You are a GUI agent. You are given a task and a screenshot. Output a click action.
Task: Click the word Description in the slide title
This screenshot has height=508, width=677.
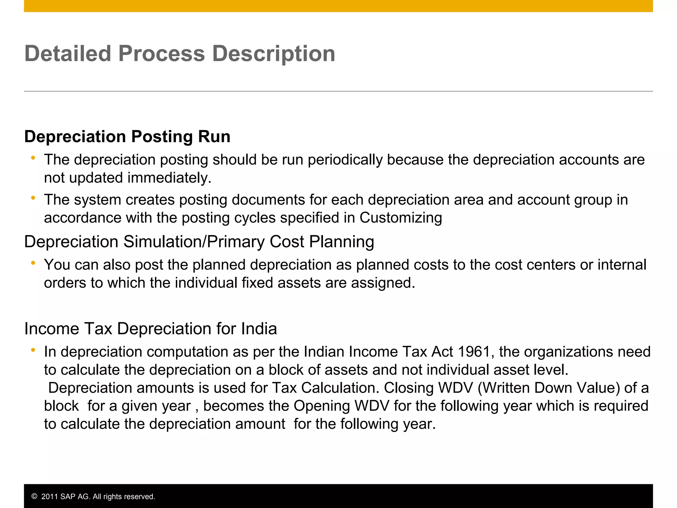[x=273, y=54]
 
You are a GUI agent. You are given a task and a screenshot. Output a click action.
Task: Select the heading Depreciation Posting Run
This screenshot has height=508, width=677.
[x=127, y=137]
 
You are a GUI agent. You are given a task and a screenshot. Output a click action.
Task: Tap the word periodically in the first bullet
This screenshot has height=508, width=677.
[x=345, y=160]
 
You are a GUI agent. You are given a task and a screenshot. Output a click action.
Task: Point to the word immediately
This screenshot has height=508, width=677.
[x=169, y=178]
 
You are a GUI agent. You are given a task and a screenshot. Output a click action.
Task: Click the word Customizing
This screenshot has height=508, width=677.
[x=401, y=218]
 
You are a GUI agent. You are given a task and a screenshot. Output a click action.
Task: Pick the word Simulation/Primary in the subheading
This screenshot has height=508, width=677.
[x=194, y=242]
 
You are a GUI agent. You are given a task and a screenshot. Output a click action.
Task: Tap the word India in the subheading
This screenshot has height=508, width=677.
[x=259, y=329]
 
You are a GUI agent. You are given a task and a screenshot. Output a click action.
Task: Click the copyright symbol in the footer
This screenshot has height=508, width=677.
[x=34, y=496]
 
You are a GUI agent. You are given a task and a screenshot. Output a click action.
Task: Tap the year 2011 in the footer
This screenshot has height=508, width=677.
[x=49, y=496]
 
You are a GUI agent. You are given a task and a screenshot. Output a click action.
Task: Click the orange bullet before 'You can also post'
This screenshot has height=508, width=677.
[x=33, y=263]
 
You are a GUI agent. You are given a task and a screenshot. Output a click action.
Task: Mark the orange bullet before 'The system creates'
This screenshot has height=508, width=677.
[x=33, y=198]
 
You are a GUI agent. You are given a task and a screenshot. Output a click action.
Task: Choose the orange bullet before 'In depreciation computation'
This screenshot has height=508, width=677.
[x=33, y=350]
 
